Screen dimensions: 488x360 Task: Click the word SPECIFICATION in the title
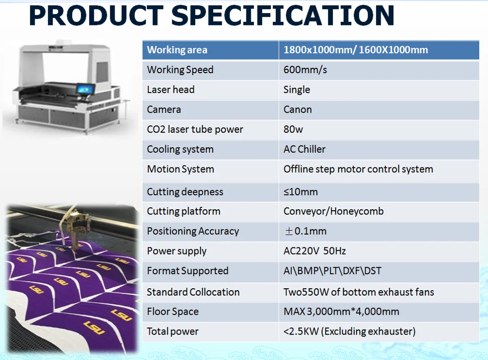[x=283, y=16]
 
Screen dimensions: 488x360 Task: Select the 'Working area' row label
[x=177, y=50]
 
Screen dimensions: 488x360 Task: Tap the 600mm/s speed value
[x=305, y=70]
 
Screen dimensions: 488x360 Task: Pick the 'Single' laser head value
[x=297, y=90]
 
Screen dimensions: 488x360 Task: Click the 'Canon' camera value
[x=298, y=110]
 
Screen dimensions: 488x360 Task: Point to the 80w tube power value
[x=293, y=129]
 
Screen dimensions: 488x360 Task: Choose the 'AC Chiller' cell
[x=305, y=149]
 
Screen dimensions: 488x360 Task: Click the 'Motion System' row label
[x=181, y=169]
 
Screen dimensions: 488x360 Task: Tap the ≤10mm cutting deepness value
[x=301, y=192]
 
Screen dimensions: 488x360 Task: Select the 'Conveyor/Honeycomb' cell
[x=333, y=211]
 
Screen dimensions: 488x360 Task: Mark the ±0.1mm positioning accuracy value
[x=305, y=231]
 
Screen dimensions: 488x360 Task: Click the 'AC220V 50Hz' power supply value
[x=315, y=251]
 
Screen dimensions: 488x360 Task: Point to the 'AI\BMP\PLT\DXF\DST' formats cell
[x=332, y=271]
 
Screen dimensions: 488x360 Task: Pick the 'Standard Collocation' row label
[x=193, y=292]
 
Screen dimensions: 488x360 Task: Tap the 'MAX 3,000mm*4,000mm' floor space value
[x=341, y=311]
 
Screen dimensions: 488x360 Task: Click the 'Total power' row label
[x=172, y=331]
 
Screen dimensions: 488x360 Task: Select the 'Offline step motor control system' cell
[x=358, y=169]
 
